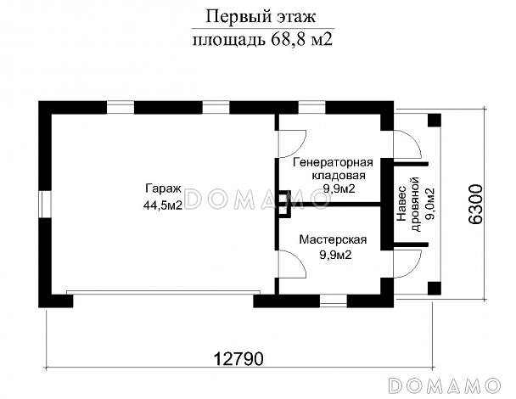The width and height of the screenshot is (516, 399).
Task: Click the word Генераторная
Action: [x=333, y=161]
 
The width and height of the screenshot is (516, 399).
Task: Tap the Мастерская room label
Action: [x=333, y=240]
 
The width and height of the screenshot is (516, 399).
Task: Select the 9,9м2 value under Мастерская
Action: [x=333, y=254]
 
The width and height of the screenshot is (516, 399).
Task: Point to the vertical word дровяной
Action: [x=415, y=204]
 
